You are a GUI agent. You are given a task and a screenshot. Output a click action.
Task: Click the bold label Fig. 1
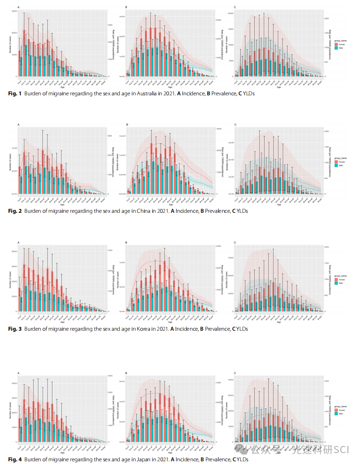point(14,93)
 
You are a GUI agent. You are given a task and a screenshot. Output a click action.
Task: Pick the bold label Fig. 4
point(14,459)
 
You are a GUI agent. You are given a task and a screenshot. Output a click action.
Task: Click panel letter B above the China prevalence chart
point(127,125)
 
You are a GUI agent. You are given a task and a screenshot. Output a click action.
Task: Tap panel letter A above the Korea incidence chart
point(19,243)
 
